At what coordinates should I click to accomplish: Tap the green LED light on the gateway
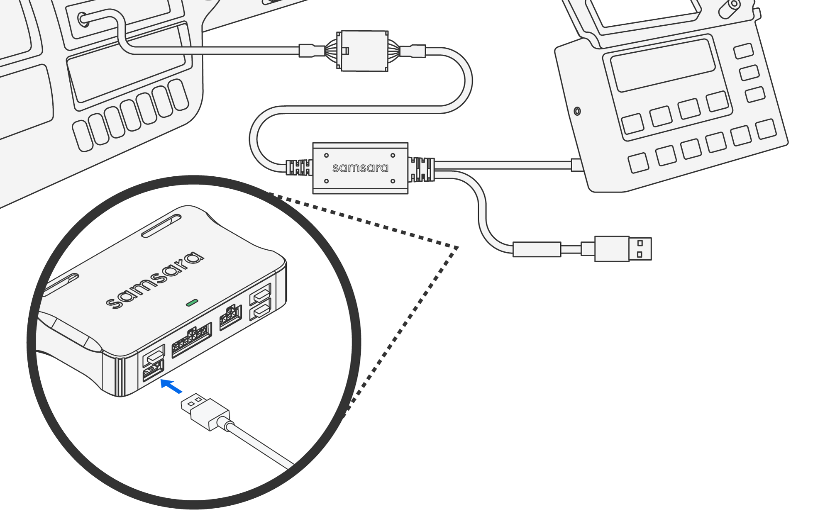pos(192,302)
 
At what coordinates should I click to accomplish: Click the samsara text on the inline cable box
pos(360,168)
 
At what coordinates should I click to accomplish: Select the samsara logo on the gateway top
pos(155,280)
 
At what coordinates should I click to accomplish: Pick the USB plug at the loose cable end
pos(622,249)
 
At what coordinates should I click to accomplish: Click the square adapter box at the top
pos(364,51)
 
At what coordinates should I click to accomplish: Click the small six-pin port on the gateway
pos(230,317)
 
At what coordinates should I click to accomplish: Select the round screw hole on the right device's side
pos(577,111)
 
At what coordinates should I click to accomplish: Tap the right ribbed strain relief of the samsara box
pos(421,169)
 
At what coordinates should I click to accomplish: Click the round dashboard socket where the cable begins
pos(83,19)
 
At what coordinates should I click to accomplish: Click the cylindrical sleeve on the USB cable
pos(537,249)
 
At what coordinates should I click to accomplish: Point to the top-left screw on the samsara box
pos(327,156)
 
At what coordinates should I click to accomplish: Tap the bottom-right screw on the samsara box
pos(393,181)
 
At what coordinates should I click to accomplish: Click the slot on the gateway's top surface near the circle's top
pos(161,226)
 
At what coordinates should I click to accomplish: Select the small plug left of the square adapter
pos(311,51)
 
